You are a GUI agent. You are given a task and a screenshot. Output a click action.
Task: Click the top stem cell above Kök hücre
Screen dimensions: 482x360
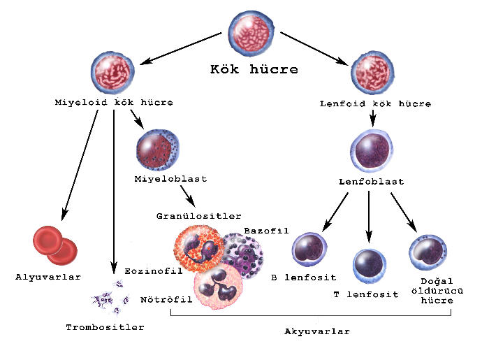coord(251,34)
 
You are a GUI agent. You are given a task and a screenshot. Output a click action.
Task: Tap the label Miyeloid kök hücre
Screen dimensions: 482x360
coord(114,103)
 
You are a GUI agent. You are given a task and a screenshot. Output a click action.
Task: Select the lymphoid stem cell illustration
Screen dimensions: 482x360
coord(372,73)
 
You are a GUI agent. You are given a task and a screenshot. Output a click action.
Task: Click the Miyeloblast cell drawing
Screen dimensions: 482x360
coord(158,150)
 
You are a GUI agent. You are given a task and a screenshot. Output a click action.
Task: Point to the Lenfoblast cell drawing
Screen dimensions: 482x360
coord(372,150)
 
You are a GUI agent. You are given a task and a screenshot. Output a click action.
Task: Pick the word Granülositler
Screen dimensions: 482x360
coord(199,216)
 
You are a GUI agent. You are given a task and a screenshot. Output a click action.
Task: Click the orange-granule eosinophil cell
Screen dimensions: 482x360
coord(199,250)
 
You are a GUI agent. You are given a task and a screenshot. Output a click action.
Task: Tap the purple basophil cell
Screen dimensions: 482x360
coord(244,254)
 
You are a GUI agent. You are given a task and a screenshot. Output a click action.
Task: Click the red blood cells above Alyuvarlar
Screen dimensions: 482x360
coord(55,245)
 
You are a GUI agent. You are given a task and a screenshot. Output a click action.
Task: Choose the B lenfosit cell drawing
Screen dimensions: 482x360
coord(309,250)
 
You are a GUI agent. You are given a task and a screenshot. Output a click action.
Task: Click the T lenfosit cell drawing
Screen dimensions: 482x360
coord(370,266)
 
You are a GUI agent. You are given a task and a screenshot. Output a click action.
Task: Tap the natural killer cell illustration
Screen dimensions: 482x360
coord(428,252)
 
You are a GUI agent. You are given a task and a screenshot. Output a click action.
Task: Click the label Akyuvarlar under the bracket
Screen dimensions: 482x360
coord(317,331)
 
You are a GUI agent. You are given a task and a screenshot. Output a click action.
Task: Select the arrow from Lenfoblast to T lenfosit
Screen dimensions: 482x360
coord(369,217)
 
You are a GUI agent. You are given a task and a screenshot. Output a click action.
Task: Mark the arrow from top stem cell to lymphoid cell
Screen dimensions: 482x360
coord(314,49)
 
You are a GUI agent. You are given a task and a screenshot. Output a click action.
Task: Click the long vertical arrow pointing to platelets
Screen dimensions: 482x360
coord(114,192)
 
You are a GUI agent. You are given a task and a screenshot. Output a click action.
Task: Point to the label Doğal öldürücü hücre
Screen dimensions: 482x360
coord(437,291)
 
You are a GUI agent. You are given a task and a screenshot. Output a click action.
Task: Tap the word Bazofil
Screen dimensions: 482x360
coord(267,231)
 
